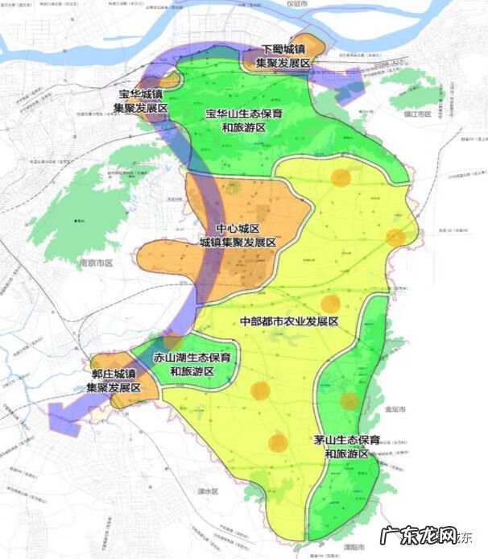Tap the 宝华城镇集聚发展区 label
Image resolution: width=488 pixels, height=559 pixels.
[x=139, y=100]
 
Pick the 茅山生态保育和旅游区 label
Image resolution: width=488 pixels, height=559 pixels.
[x=346, y=447]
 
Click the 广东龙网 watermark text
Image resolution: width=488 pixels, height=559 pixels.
[x=428, y=533]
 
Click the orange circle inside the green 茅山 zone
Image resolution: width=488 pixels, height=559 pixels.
[x=349, y=401]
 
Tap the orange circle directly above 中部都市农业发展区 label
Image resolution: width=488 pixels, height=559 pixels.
[x=330, y=304]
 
